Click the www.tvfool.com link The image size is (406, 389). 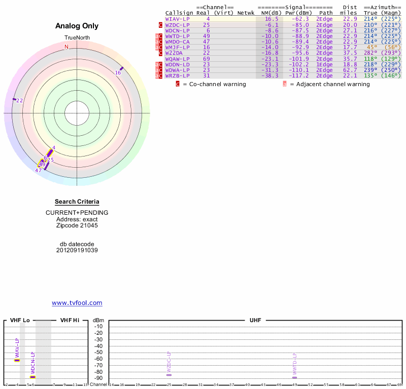tap(77, 303)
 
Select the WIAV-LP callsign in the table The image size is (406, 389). tap(177, 19)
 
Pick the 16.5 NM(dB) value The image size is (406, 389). tap(271, 19)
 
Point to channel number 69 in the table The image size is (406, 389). tap(206, 59)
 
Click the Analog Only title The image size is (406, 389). tap(77, 26)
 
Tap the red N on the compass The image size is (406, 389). tap(66, 47)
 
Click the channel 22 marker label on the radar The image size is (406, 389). tap(20, 101)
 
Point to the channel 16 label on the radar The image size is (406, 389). tap(118, 73)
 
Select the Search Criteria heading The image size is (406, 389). tap(77, 202)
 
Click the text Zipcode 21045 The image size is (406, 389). tap(77, 225)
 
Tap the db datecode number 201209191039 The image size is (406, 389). tap(77, 250)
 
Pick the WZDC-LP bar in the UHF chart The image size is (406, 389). tap(168, 375)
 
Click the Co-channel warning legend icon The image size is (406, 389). tap(178, 84)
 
